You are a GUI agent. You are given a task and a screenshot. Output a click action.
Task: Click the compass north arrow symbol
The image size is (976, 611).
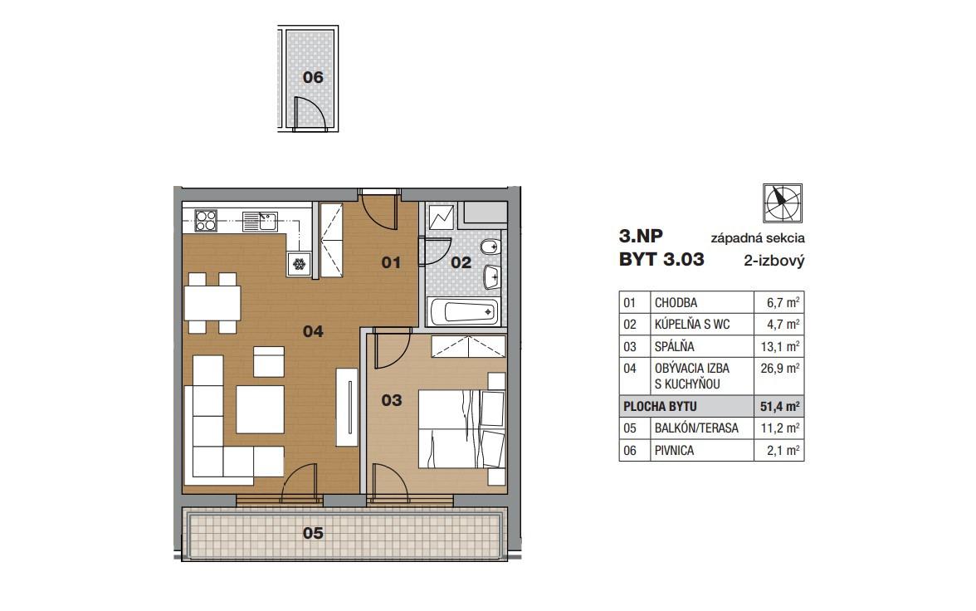[x=783, y=203]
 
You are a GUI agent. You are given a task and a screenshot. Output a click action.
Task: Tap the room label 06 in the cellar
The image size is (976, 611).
[x=313, y=77]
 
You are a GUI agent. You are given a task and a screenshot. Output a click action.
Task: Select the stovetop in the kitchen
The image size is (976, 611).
[x=206, y=221]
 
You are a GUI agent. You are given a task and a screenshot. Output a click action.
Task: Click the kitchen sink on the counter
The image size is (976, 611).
[x=261, y=222]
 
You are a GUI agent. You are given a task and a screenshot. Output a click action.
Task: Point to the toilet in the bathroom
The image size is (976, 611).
[x=491, y=247]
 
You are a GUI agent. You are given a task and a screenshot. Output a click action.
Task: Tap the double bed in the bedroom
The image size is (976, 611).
[x=461, y=428]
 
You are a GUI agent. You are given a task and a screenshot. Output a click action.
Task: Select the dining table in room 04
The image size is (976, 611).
[x=212, y=303]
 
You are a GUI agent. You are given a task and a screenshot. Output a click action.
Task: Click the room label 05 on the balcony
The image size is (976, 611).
[x=313, y=533]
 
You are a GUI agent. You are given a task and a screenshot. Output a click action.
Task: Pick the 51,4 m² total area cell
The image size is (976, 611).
[x=778, y=406]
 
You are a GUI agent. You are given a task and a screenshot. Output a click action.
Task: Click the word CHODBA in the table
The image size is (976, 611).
[x=676, y=303]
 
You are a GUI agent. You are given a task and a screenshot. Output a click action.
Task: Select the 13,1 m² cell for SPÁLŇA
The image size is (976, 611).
[x=778, y=346]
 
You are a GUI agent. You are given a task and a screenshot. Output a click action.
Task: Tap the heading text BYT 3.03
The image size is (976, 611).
[x=661, y=259]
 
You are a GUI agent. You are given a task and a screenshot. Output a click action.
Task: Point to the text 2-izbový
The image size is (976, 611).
[x=773, y=261]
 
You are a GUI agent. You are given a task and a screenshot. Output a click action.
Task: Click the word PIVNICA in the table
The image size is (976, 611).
[x=674, y=450]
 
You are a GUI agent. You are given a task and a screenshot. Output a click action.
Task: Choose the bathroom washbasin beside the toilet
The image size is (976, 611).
[x=492, y=276]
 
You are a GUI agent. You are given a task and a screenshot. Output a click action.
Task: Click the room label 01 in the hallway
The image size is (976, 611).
[x=391, y=263]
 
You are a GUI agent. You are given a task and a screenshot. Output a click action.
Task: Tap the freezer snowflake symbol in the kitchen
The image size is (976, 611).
[x=300, y=264]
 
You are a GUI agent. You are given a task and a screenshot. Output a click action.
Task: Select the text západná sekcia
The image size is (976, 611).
[x=758, y=238]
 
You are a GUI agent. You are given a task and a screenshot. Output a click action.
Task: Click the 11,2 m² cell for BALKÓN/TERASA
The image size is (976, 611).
[x=778, y=428]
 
